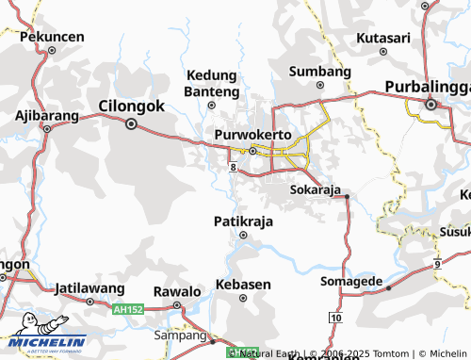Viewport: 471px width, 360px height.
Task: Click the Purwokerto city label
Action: point(252,134)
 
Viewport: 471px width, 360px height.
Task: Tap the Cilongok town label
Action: point(131,106)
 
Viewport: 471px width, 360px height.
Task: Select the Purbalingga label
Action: point(427,88)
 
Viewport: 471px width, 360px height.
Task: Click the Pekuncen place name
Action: point(52,37)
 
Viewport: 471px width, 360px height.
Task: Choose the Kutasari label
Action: point(383,38)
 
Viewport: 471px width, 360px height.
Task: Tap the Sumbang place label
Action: point(320,72)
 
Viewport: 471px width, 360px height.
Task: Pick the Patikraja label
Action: point(243,220)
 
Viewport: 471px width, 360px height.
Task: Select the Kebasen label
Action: point(243,284)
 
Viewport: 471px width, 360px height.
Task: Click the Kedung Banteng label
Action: point(213,83)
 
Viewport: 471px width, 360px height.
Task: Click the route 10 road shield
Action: point(336,318)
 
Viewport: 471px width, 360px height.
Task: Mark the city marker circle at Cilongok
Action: point(131,123)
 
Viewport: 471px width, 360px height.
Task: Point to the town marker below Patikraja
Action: point(243,236)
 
